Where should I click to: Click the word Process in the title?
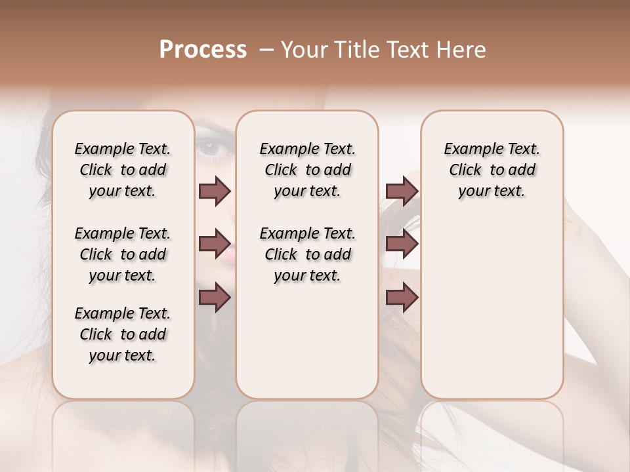203,50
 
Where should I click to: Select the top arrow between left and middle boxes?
215,191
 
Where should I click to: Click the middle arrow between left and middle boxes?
215,244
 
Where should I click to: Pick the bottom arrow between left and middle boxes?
215,298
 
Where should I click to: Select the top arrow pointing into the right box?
402,191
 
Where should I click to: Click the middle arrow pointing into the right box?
402,244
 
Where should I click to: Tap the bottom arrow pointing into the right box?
402,298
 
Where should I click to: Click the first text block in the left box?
123,170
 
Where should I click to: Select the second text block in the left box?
123,254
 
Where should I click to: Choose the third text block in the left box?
123,334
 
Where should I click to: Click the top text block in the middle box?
307,170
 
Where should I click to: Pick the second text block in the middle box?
307,254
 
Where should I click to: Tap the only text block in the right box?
492,170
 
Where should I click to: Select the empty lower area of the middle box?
307,341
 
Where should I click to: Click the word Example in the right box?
467,149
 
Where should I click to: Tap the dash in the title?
267,50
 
